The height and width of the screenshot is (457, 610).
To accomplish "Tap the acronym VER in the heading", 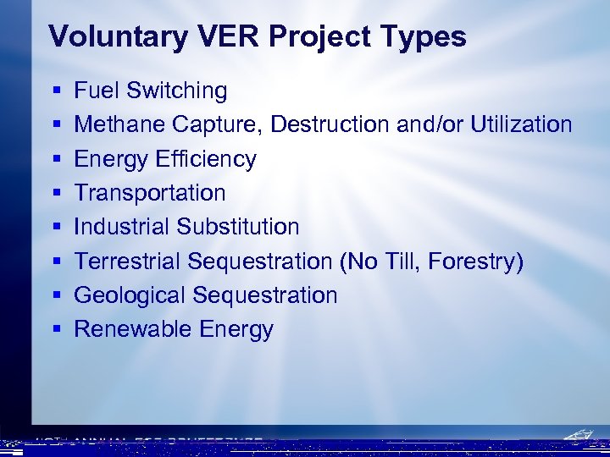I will pos(212,36).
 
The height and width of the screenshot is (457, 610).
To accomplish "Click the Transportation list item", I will pos(150,193).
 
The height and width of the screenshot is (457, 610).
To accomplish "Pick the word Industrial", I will pos(122,227).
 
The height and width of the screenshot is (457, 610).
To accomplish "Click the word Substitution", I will pos(238,227).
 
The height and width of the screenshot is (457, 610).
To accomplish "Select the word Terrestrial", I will pos(128,262).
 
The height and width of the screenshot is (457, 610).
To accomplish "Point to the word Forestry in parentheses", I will pos(475,262).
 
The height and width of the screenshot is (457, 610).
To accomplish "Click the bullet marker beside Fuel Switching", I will pos(55,91).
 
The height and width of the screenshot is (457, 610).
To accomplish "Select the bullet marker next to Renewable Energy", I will pos(55,329).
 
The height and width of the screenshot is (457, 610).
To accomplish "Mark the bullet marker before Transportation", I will pos(55,193).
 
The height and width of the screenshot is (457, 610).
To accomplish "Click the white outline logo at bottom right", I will pos(579,438).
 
